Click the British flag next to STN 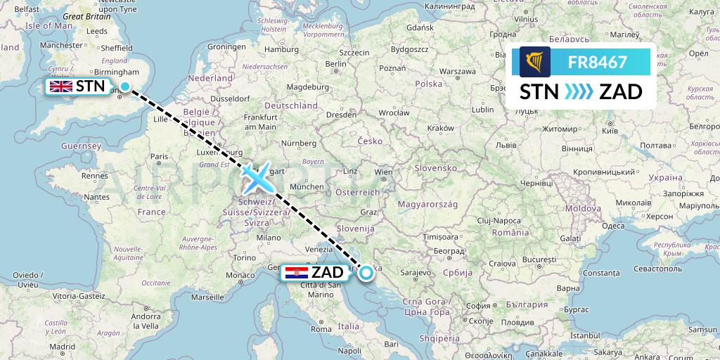tap(60, 86)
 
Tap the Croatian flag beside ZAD tap(297, 272)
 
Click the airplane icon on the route tap(258, 177)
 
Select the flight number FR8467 tap(597, 63)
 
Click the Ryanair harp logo tap(534, 63)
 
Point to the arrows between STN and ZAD tap(579, 92)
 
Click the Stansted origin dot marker tap(125, 86)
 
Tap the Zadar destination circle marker tap(366, 273)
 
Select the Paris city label tap(159, 155)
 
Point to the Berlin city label tap(337, 64)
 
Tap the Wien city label tap(383, 171)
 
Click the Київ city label tap(609, 131)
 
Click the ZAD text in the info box tap(620, 92)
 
